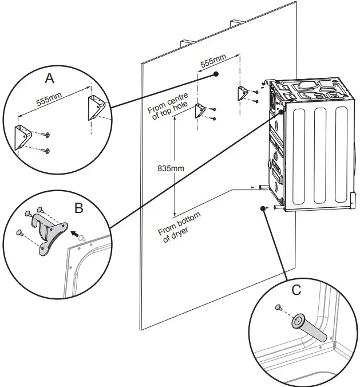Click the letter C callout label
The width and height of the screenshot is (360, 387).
click(295, 290)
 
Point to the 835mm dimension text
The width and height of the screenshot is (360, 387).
click(172, 168)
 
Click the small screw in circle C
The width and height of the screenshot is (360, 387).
click(278, 308)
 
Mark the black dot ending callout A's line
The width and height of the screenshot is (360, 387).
click(216, 74)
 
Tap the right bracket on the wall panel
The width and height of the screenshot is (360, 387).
click(242, 93)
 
